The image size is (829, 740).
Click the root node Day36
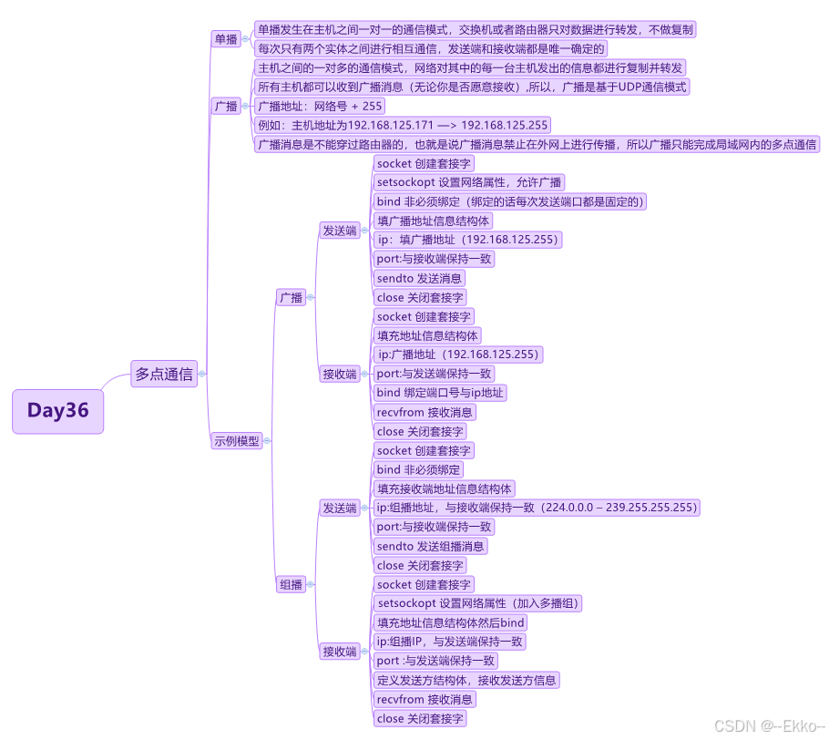[x=58, y=411]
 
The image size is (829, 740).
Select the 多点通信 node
[x=164, y=374]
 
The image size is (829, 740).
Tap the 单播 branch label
[x=225, y=39]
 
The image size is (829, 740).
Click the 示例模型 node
[x=237, y=440]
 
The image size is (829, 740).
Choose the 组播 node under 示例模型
[x=292, y=585]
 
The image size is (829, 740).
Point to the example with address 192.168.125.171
[x=403, y=126]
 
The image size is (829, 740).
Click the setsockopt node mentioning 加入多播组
[x=478, y=603]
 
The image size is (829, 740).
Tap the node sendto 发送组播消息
[x=431, y=546]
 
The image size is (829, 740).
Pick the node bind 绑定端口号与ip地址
[x=441, y=393]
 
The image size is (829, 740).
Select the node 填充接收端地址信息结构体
[x=445, y=488]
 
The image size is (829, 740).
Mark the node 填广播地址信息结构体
[x=434, y=221]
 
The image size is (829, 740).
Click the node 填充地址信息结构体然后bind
[x=451, y=622]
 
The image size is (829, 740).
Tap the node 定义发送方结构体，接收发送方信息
[x=467, y=680]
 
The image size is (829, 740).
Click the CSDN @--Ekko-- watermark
[x=769, y=726]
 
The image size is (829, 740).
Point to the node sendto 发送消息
[x=419, y=278]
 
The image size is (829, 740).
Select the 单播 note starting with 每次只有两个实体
[x=431, y=49]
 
